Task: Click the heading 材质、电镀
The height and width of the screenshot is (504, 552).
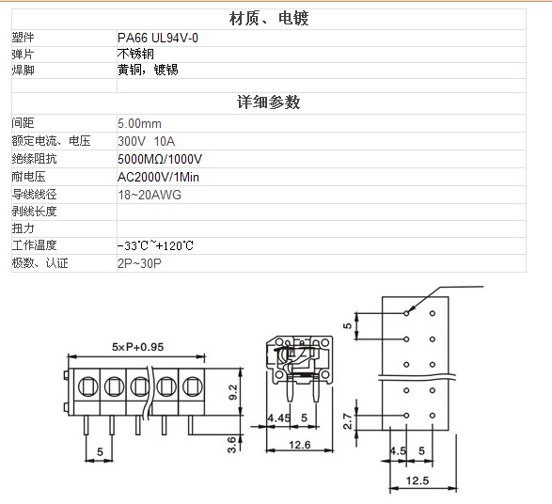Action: pos(269,19)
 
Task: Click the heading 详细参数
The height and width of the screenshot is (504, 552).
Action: pos(269,102)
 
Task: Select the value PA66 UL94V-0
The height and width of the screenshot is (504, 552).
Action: pos(158,38)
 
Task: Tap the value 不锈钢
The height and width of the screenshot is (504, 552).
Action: pos(135,54)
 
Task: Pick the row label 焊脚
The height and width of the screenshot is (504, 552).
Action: pos(23,70)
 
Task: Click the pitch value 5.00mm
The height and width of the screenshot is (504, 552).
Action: pos(139,123)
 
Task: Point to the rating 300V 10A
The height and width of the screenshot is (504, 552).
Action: pos(146,141)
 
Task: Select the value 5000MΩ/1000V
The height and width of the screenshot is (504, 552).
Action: pos(160,159)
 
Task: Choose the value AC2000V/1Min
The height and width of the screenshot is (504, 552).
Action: pos(158,177)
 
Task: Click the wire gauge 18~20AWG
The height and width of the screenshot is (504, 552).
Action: pos(150,195)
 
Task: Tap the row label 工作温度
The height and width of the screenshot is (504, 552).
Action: pos(34,245)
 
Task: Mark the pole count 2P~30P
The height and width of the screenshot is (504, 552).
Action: pos(139,263)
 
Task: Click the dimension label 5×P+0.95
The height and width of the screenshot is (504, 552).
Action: pos(137,347)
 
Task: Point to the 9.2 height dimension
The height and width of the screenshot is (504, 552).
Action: pos(233,392)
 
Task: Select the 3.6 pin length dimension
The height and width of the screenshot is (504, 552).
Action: pos(231,445)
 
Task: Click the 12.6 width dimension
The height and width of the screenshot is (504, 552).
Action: pos(300,445)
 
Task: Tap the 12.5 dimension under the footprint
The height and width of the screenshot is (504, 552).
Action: pos(418,480)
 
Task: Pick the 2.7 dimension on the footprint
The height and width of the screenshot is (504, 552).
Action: pos(347,421)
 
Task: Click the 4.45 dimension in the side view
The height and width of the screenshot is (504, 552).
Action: pos(278,418)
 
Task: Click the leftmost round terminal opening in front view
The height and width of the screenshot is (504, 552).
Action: pos(87,386)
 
